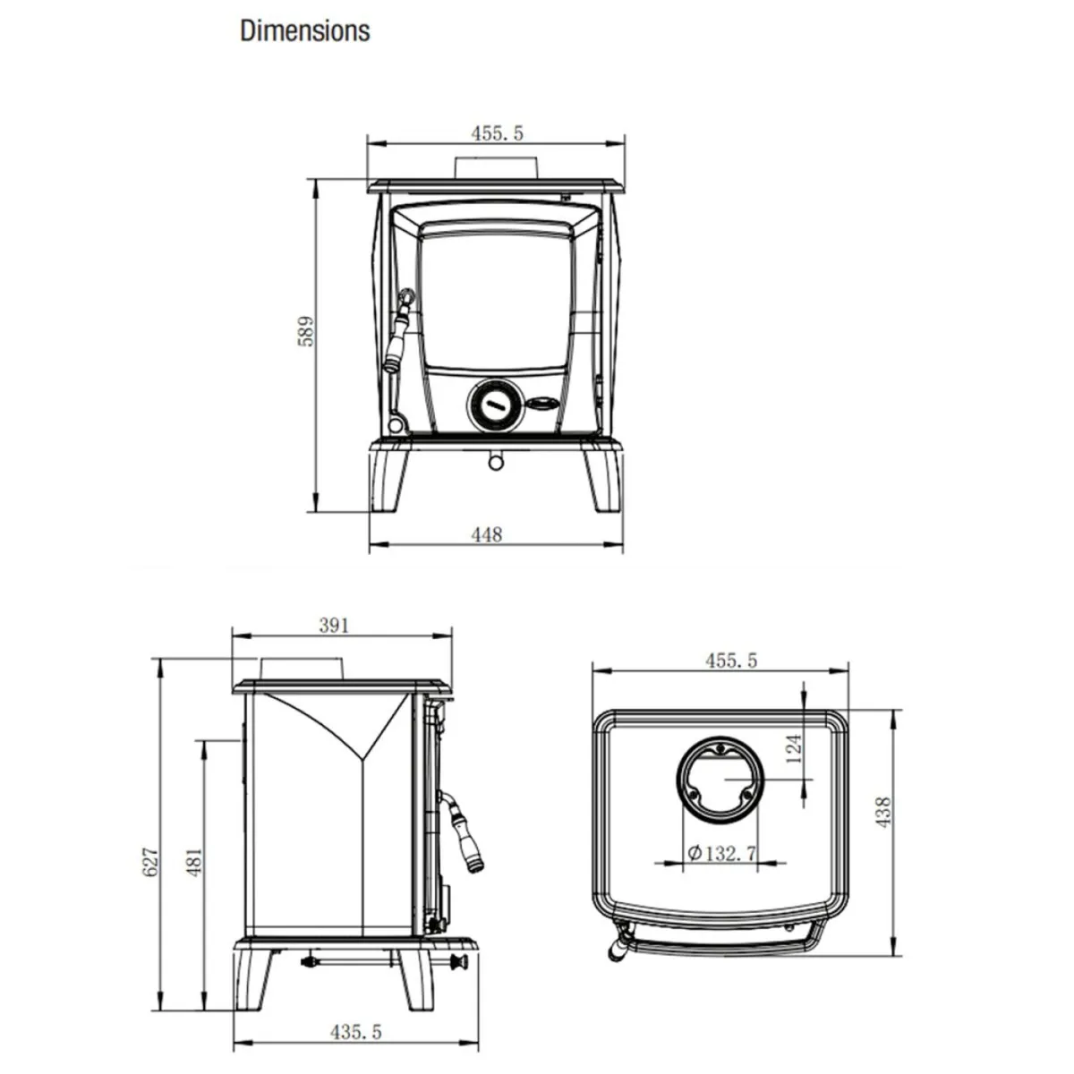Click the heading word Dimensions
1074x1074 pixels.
(304, 30)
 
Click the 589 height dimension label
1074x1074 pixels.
(306, 331)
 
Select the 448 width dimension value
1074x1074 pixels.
(486, 534)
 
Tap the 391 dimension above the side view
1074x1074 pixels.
(333, 626)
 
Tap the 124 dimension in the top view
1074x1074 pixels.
(793, 746)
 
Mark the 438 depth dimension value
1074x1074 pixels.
(884, 812)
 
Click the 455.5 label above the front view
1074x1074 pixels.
(497, 133)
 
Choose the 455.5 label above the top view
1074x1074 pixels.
(730, 661)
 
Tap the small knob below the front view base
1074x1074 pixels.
(494, 460)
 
